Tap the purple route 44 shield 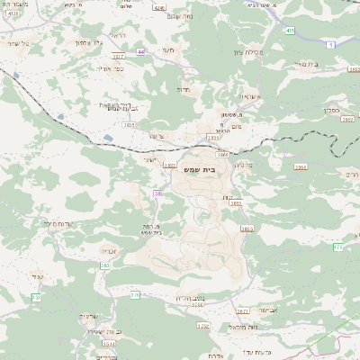click(141, 52)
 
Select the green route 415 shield click(288, 31)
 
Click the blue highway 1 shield click(330, 44)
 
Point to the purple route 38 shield click(158, 193)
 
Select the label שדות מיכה click(58, 222)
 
